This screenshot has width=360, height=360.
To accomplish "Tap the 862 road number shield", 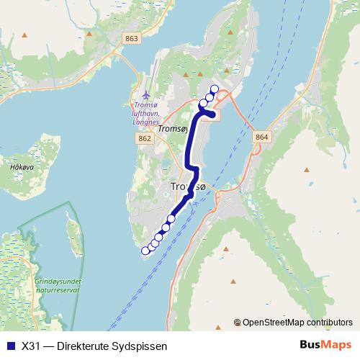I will tap(145, 138).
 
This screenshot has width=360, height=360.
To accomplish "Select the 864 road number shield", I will tap(261, 137).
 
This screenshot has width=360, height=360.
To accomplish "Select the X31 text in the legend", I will tap(30, 346).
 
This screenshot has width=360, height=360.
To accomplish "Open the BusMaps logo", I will tap(325, 345).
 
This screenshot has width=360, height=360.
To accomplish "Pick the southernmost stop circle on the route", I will tap(145, 251).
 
